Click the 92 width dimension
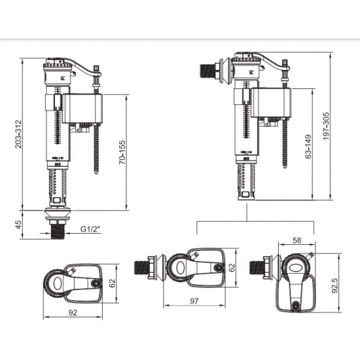(73, 313)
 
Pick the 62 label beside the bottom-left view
(113, 282)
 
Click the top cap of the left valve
(56, 68)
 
